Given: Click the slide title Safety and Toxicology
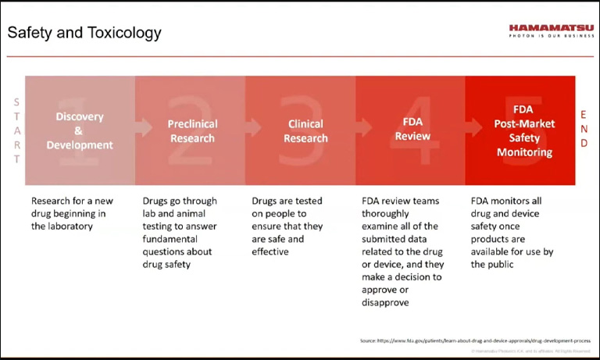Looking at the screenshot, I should (x=84, y=33).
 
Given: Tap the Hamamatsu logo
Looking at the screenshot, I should (x=551, y=27).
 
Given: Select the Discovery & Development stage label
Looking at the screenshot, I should (x=80, y=130).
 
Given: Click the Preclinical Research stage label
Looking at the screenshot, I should (x=192, y=131).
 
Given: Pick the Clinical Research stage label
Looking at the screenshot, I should (x=305, y=131).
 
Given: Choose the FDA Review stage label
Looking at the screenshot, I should (x=412, y=130).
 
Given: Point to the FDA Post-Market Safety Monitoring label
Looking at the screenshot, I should (x=524, y=130).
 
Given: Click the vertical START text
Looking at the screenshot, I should (x=16, y=130).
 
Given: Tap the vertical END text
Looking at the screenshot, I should (x=584, y=129).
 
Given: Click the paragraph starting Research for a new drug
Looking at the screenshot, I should (x=72, y=213).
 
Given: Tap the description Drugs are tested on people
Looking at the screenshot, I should (x=287, y=226).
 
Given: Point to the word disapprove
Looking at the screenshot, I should (x=385, y=302).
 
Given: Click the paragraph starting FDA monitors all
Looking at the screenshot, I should (x=512, y=233).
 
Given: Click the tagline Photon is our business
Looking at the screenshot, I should (x=551, y=36).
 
